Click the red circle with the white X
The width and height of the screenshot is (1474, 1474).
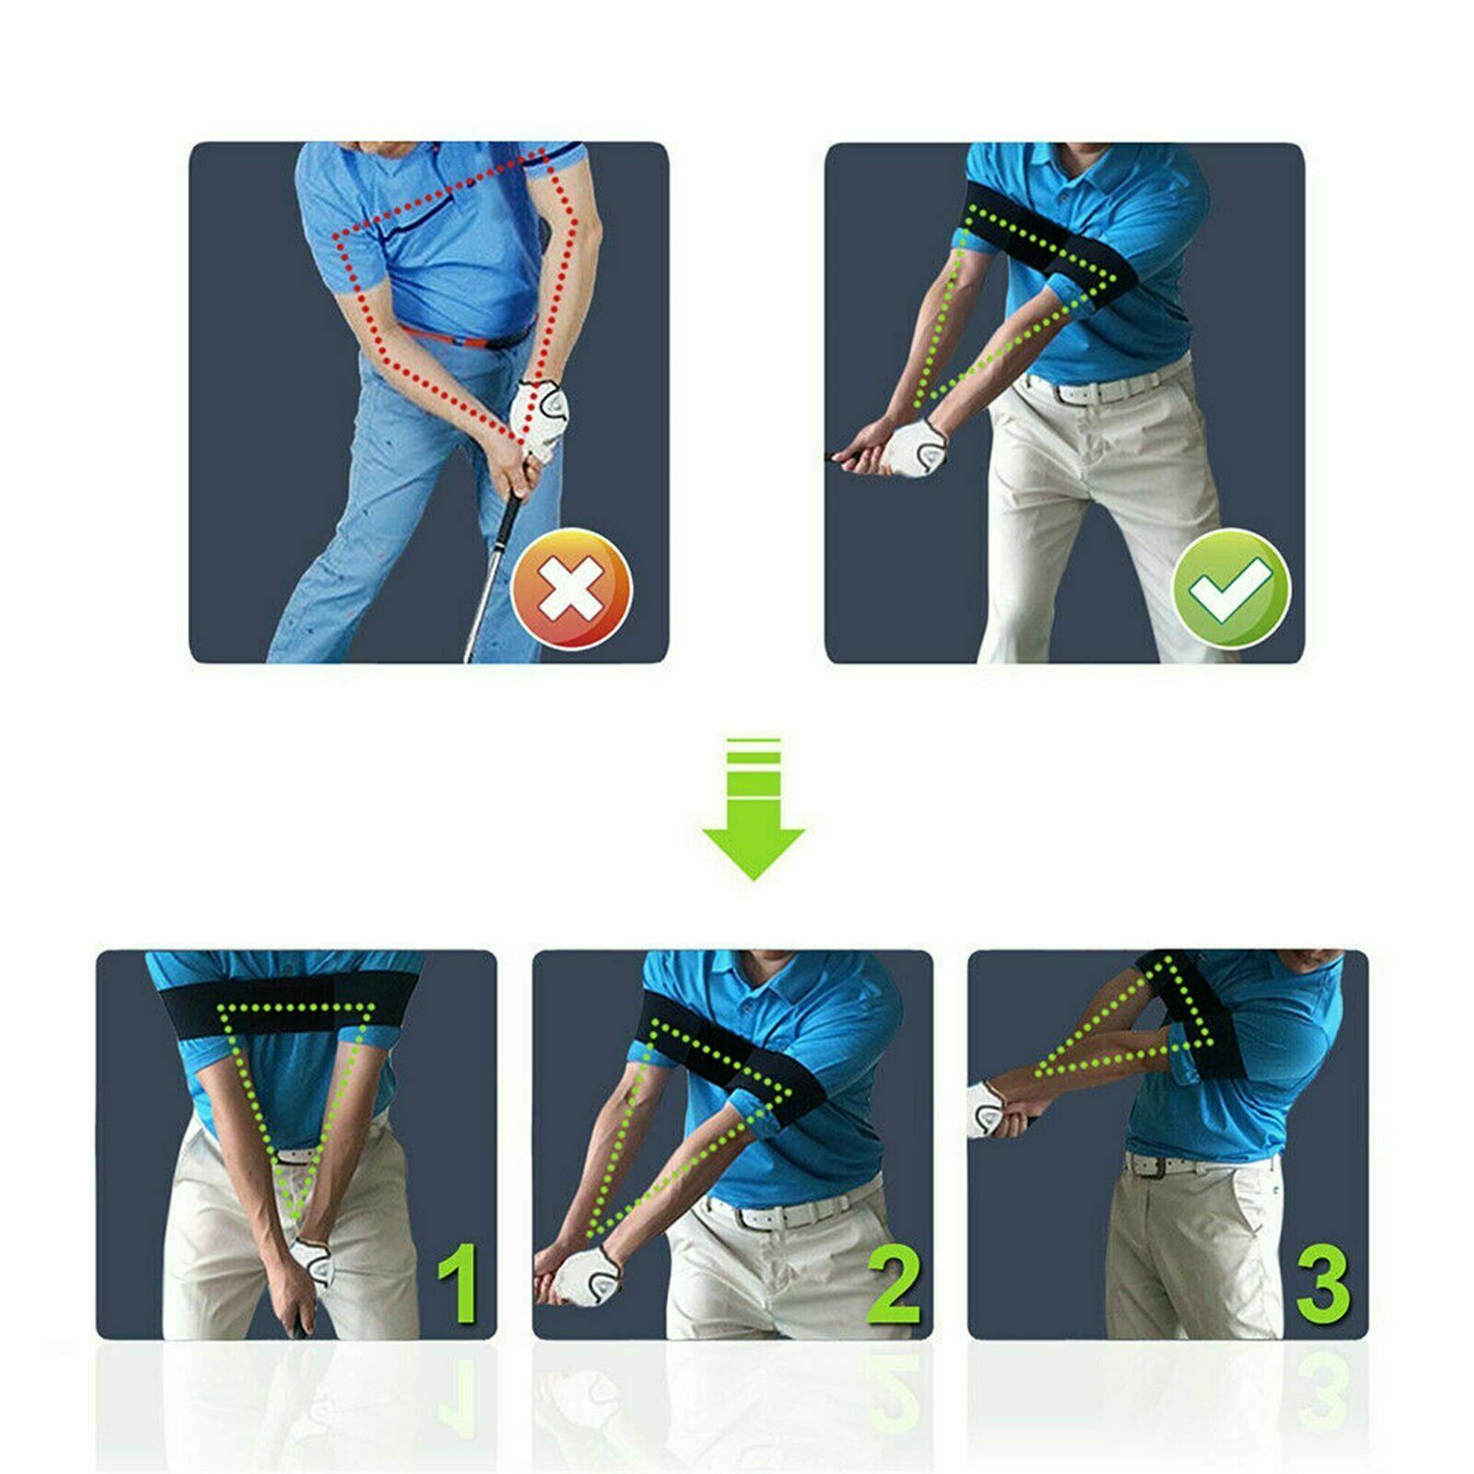pyautogui.click(x=572, y=589)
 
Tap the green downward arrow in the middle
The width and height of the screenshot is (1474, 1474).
pyautogui.click(x=754, y=808)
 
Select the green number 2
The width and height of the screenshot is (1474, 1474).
pyautogui.click(x=894, y=1281)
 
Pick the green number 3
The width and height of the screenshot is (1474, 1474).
pyautogui.click(x=1324, y=1281)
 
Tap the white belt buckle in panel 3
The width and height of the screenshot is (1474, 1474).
pyautogui.click(x=1151, y=1165)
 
